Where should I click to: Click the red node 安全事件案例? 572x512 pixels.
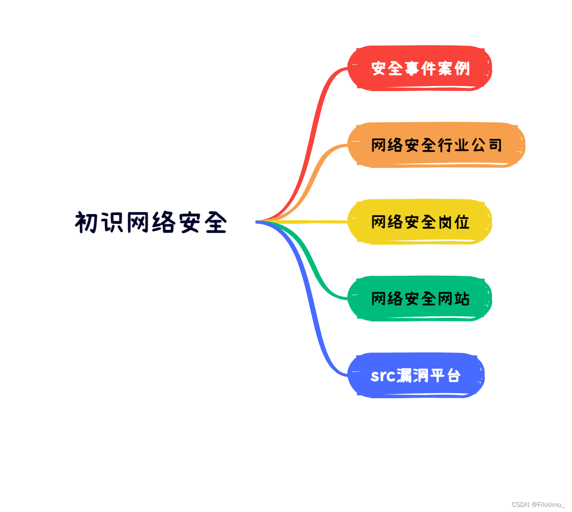(x=419, y=68)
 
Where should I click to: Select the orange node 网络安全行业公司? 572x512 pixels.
(x=436, y=145)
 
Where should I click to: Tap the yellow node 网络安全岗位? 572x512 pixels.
(x=419, y=222)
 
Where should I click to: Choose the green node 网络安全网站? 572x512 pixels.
(x=419, y=299)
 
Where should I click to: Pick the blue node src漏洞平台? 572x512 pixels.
(x=416, y=376)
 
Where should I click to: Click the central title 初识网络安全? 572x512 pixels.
(x=151, y=222)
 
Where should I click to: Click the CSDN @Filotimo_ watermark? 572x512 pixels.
(x=538, y=505)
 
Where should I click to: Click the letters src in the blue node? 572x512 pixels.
(x=383, y=376)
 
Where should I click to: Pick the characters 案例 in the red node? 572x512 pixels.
(x=454, y=68)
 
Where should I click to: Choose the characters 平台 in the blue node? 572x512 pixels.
(x=445, y=376)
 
